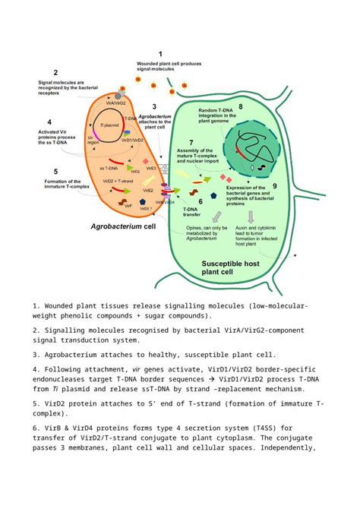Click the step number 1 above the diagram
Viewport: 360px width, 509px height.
click(160, 53)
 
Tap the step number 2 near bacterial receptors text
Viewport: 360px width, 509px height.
click(55, 73)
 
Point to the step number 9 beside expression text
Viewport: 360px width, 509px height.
click(274, 185)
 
